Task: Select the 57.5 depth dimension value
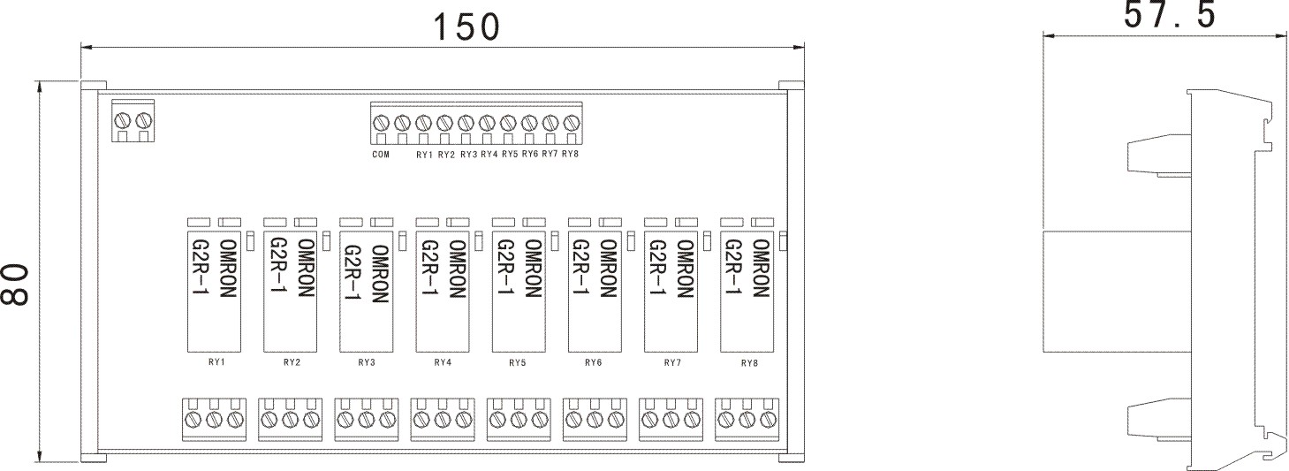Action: click(1169, 15)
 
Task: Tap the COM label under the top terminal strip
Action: click(381, 156)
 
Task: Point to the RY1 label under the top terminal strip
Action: click(424, 156)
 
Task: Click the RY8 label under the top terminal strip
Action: click(570, 156)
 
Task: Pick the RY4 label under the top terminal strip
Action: click(489, 156)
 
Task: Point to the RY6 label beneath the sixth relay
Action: click(593, 362)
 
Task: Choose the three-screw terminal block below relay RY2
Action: click(290, 418)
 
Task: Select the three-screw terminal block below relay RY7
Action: click(671, 418)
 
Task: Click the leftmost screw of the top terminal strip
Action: click(381, 122)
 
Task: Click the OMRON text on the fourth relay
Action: click(457, 270)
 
